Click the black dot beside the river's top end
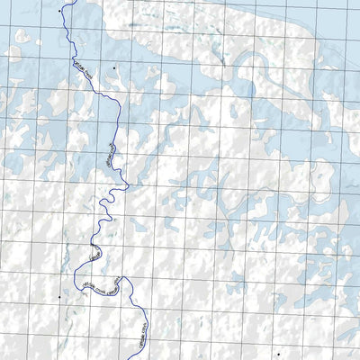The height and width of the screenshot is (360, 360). tap(59, 10)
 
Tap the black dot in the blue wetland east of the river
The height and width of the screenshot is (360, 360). tap(115, 67)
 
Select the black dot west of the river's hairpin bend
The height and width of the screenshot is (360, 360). tap(59, 295)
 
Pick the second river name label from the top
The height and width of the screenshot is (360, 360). tap(111, 149)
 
